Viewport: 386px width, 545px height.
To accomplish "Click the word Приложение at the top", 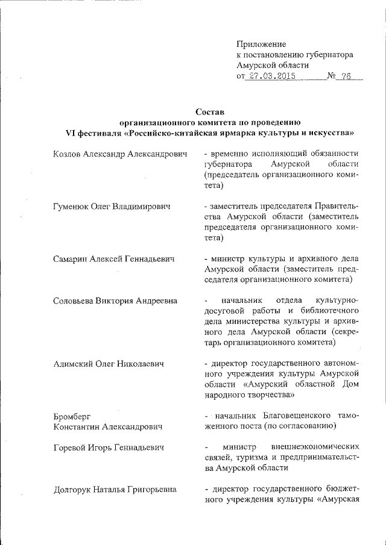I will [261, 44].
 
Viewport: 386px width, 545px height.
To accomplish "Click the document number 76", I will [346, 76].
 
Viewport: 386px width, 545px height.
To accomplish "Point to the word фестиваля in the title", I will [101, 132].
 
